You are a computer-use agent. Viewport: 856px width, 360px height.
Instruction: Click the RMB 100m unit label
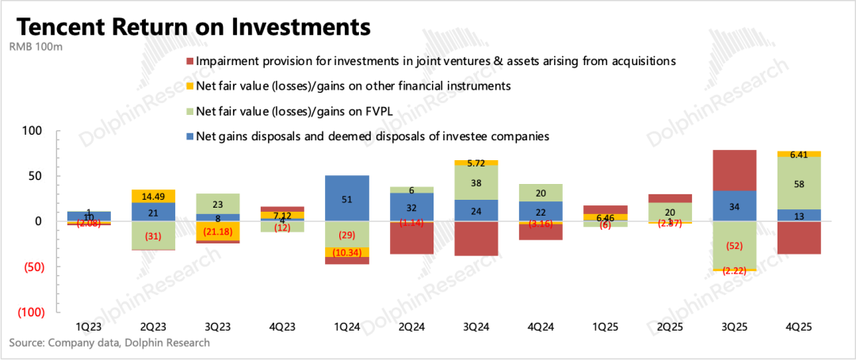pyautogui.click(x=36, y=48)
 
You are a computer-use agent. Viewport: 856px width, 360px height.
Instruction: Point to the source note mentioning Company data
pyautogui.click(x=109, y=343)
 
